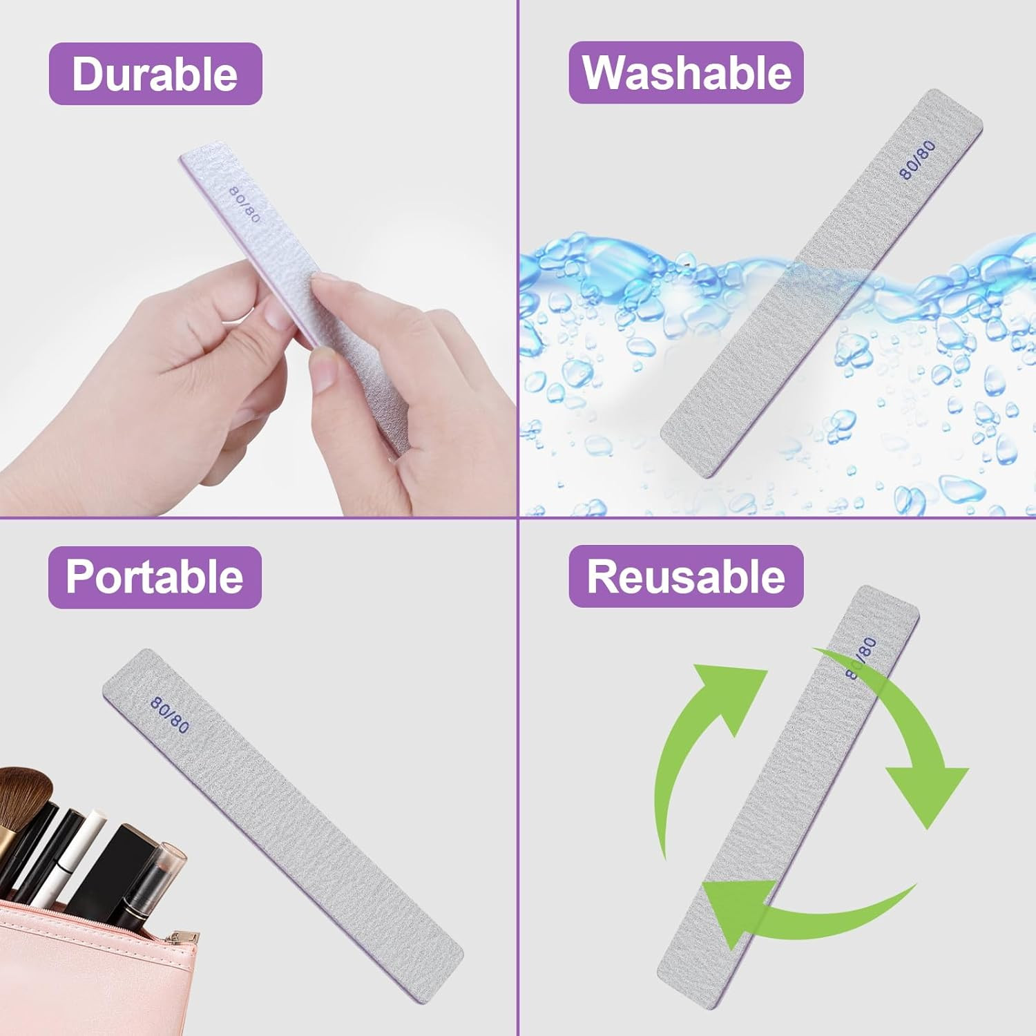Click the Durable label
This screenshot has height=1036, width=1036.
coord(155,74)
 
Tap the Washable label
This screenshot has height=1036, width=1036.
coord(687,73)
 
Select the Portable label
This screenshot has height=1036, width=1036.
coord(155,577)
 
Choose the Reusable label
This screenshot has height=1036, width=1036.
coord(687,576)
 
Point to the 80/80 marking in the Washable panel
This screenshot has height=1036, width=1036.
coord(917,160)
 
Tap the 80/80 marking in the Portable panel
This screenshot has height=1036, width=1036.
coord(169,715)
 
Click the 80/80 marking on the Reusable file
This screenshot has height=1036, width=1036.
coord(861,658)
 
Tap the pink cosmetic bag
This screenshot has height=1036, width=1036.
coord(97,974)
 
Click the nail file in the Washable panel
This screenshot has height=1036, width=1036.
coord(821,282)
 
